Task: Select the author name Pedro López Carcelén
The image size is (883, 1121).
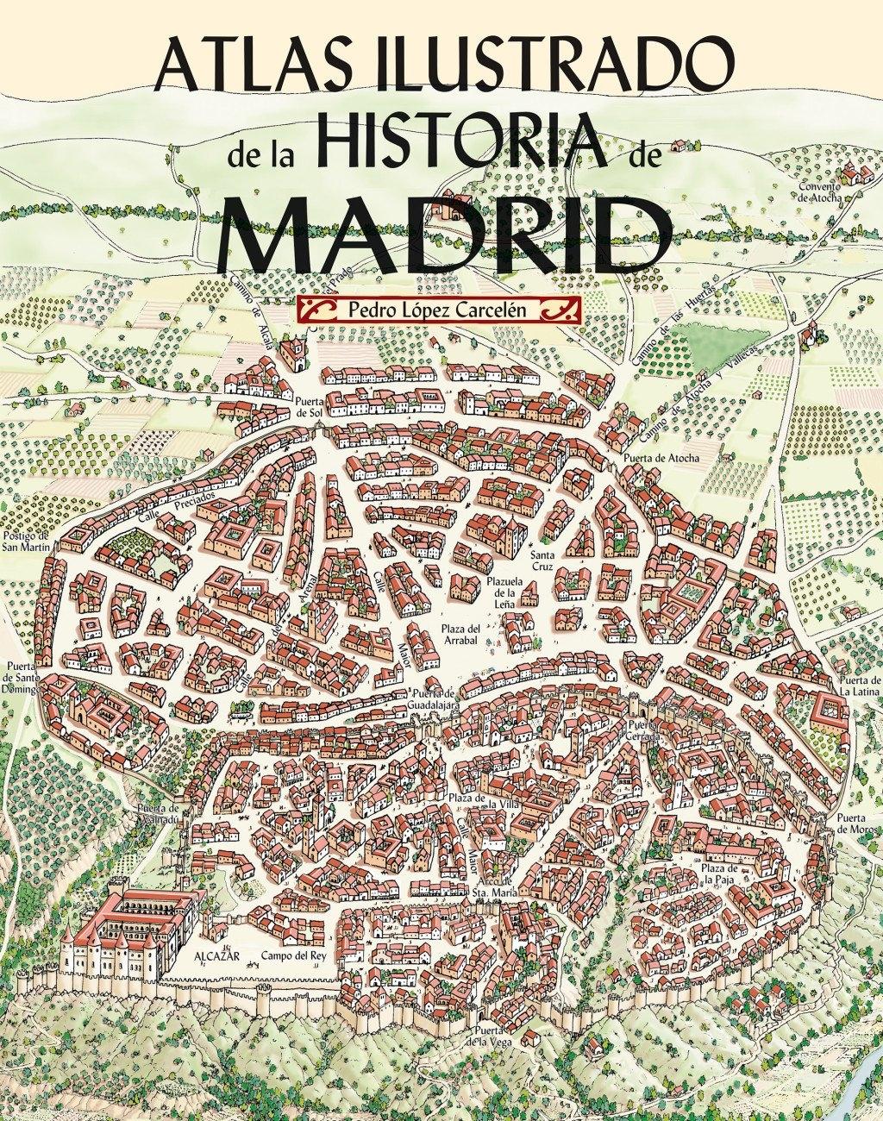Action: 437,309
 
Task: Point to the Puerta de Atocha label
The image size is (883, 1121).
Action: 661,458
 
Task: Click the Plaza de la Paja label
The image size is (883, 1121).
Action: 719,874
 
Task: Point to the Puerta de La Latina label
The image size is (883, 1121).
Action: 858,686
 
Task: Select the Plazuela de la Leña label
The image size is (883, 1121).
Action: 504,592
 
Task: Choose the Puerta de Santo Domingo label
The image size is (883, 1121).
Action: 22,678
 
